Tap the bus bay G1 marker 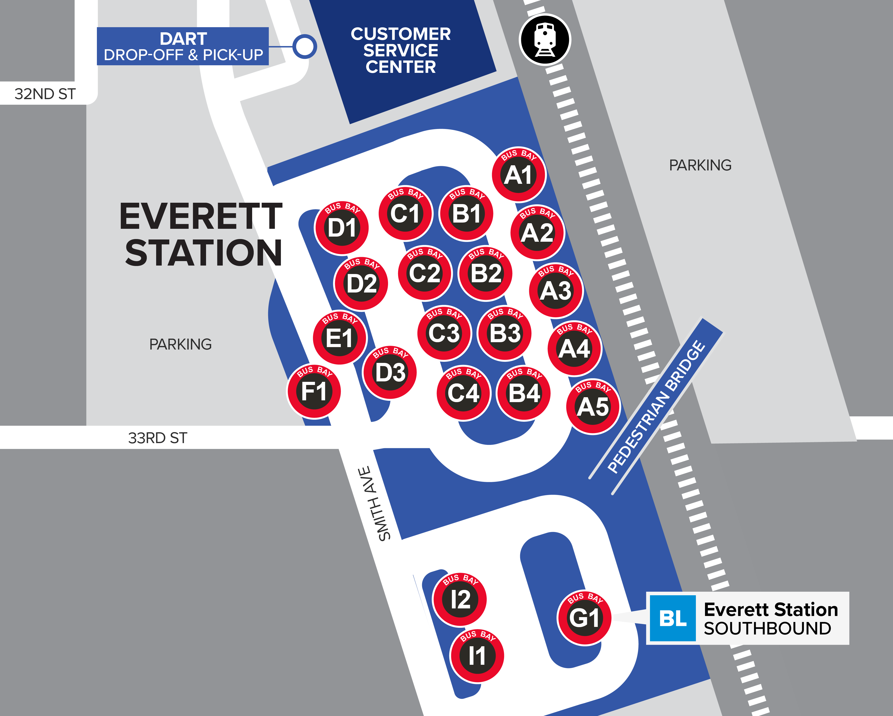click(584, 617)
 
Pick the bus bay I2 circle click(460, 599)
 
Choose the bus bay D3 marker click(390, 372)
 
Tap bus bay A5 click(593, 407)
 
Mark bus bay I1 click(477, 655)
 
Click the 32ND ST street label click(45, 94)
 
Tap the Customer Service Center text click(401, 50)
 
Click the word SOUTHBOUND click(767, 629)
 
